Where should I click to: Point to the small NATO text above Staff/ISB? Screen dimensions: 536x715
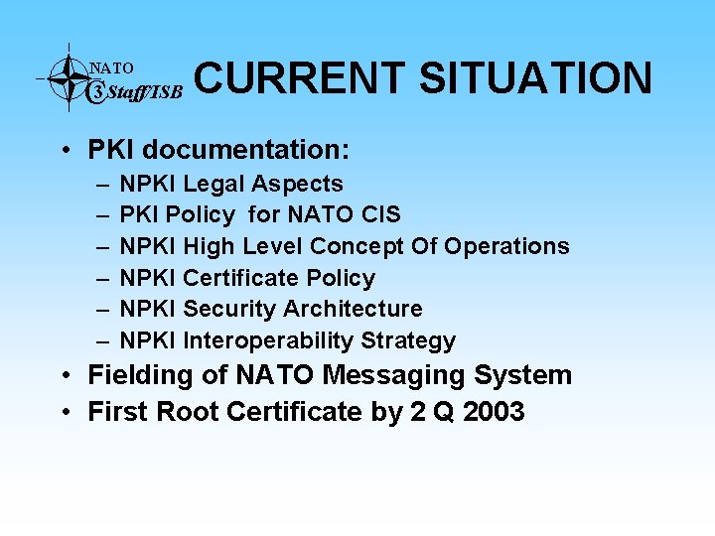(111, 68)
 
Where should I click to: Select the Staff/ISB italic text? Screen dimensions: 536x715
(143, 94)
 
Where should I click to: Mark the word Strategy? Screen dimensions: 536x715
(408, 341)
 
